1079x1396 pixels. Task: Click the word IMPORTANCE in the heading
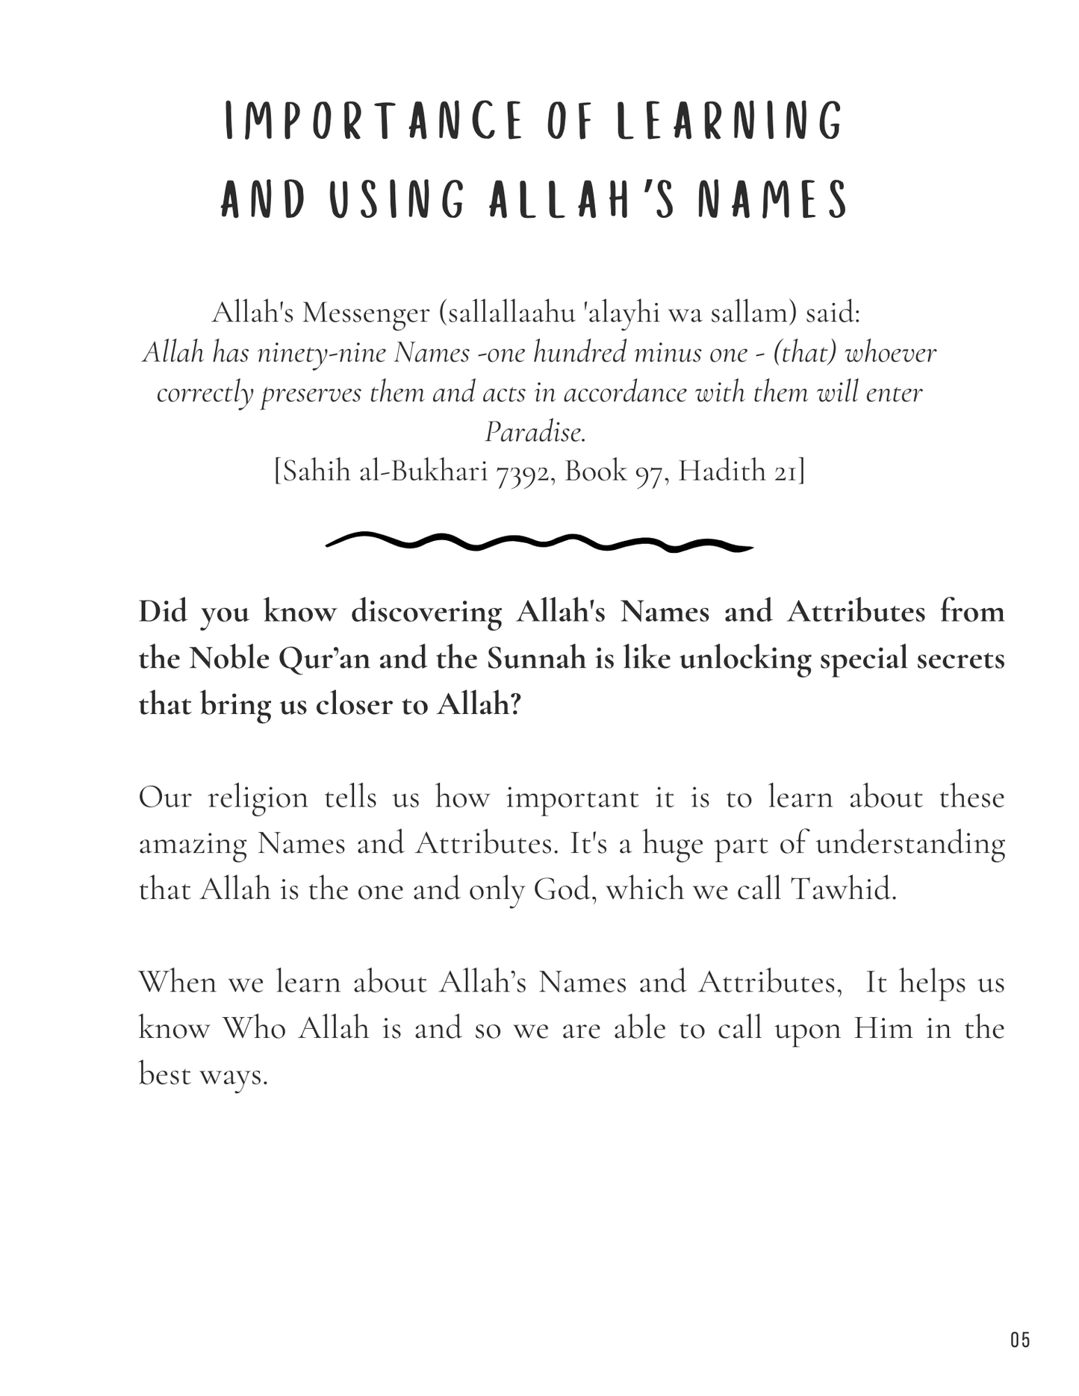coord(374,122)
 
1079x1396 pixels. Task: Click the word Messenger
coord(366,313)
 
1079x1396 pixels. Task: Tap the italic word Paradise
coord(535,431)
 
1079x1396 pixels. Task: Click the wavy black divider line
coord(539,542)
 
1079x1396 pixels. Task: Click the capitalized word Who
coord(254,1028)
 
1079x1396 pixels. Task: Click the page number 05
coord(1020,1339)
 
